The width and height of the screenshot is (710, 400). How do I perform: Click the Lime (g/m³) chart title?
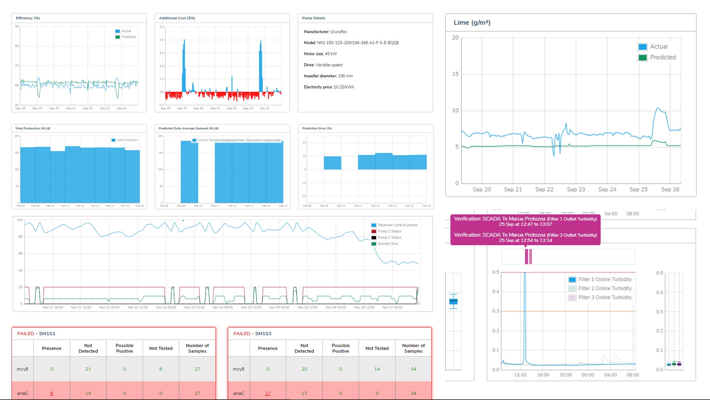coord(472,23)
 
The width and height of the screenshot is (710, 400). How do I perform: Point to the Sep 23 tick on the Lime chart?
coord(576,189)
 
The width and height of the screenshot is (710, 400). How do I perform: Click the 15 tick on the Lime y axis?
coord(455,74)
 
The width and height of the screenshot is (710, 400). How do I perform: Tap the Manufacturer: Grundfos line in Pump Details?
coord(325,32)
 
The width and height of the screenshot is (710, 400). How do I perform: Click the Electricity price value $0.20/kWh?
coord(344,87)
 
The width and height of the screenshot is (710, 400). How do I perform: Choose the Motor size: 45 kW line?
coord(320,54)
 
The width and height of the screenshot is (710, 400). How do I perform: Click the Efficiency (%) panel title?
coord(28,18)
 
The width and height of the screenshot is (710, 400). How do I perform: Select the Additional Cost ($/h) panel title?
coord(177,18)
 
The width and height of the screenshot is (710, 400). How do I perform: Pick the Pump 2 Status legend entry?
coord(389,237)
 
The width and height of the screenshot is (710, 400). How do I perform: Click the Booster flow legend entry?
coord(388,244)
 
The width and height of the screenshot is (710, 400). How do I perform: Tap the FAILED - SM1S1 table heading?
coord(36,333)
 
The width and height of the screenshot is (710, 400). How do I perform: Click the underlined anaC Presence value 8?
coord(52,393)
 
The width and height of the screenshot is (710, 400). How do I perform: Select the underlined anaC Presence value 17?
coord(268,393)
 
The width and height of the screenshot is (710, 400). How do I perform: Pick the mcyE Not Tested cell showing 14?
coord(377,369)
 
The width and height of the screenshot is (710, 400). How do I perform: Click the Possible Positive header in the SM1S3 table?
coord(341,348)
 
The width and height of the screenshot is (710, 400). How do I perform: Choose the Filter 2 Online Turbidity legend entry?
coord(605,289)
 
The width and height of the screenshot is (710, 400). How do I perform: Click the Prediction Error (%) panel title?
coord(317,129)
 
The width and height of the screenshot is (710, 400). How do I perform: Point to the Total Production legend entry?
coord(127,140)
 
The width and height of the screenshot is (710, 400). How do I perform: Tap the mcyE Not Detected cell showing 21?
coord(88,369)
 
